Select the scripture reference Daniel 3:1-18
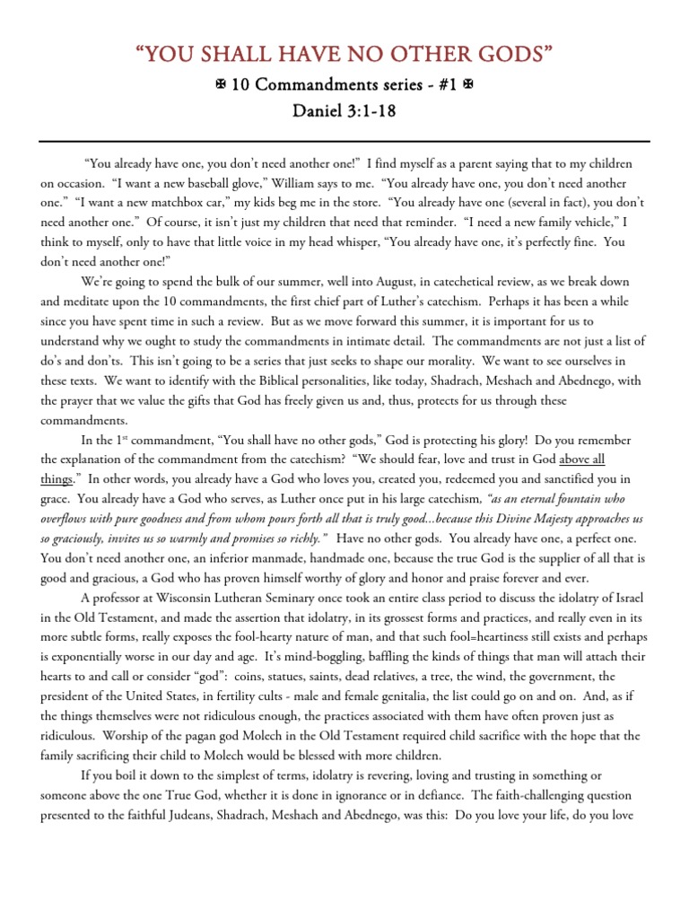coord(344,115)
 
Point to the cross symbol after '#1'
coord(467,88)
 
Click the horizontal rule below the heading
coord(344,142)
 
